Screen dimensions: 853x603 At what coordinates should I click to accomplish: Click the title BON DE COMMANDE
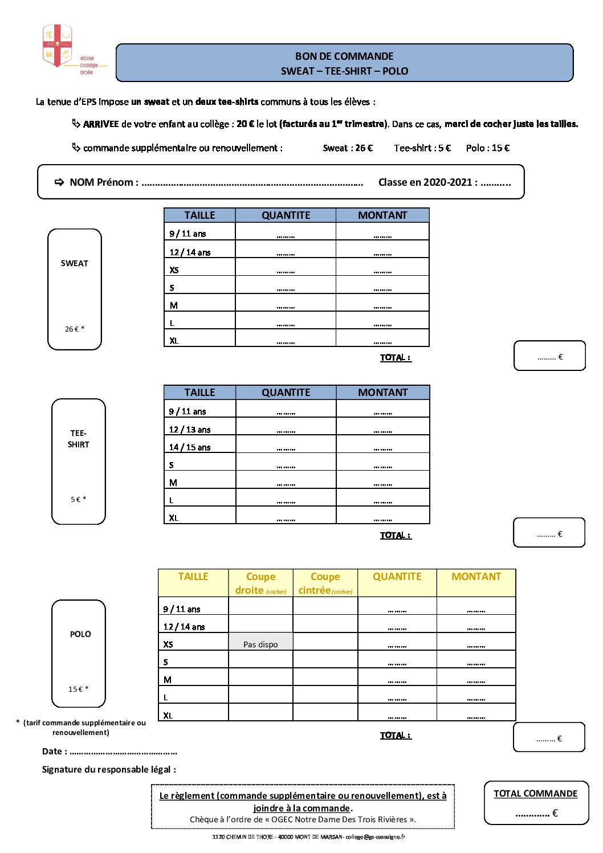344,56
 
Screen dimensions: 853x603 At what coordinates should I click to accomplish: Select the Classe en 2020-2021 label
427,182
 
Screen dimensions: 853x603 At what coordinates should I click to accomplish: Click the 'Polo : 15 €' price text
487,148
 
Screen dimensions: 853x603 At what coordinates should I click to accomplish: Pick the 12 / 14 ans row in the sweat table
190,252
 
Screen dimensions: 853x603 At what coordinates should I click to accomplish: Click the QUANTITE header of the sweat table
286,215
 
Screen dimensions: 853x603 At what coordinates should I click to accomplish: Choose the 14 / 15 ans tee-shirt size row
190,447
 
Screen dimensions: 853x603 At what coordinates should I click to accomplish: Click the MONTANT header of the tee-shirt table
382,393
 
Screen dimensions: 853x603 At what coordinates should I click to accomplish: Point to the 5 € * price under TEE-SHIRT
78,500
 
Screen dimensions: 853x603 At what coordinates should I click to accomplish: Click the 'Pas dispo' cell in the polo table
260,644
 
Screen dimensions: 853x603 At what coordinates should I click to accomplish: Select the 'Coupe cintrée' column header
325,583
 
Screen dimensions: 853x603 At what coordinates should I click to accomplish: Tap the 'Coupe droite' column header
260,583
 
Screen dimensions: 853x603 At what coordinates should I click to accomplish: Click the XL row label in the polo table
168,716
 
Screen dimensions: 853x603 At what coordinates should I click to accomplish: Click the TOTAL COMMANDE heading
535,794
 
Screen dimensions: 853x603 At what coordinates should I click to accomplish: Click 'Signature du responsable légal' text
109,770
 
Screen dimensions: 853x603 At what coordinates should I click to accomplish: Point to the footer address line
308,837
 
